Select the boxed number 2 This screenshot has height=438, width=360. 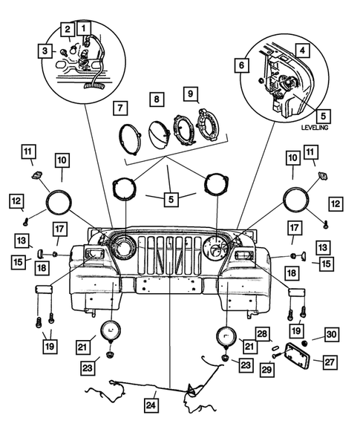[x=68, y=29]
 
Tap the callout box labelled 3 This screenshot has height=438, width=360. [x=47, y=50]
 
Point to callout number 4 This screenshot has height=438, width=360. [x=303, y=50]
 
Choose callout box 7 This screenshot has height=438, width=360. [x=119, y=108]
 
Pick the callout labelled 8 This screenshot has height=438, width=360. [x=157, y=99]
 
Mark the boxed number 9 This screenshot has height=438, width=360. [x=192, y=94]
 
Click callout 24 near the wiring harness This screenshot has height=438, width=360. [x=153, y=405]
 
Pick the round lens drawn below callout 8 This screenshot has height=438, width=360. [x=158, y=132]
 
